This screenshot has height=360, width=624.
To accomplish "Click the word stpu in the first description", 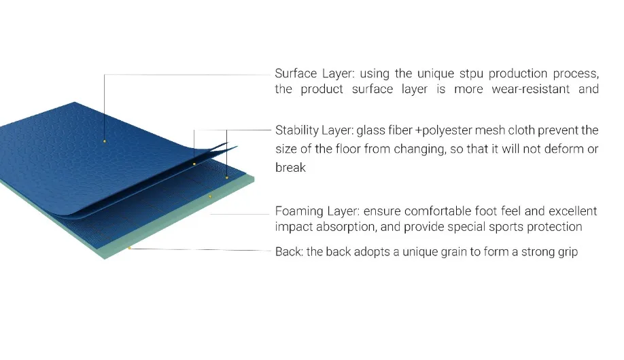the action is [471, 74].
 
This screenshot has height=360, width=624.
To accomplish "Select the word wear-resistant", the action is [530, 89].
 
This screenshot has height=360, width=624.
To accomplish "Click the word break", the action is [290, 168].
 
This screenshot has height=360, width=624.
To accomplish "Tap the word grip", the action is [569, 252].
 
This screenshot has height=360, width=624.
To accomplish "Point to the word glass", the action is [370, 131].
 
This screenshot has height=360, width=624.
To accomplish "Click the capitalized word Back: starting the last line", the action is [290, 252].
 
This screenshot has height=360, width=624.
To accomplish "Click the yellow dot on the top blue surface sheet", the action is [104, 141].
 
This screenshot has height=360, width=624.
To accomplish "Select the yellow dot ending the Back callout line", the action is [129, 248].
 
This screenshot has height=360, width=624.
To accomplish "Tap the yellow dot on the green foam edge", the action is [210, 196].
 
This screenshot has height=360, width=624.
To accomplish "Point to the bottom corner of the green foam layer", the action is [105, 259].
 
